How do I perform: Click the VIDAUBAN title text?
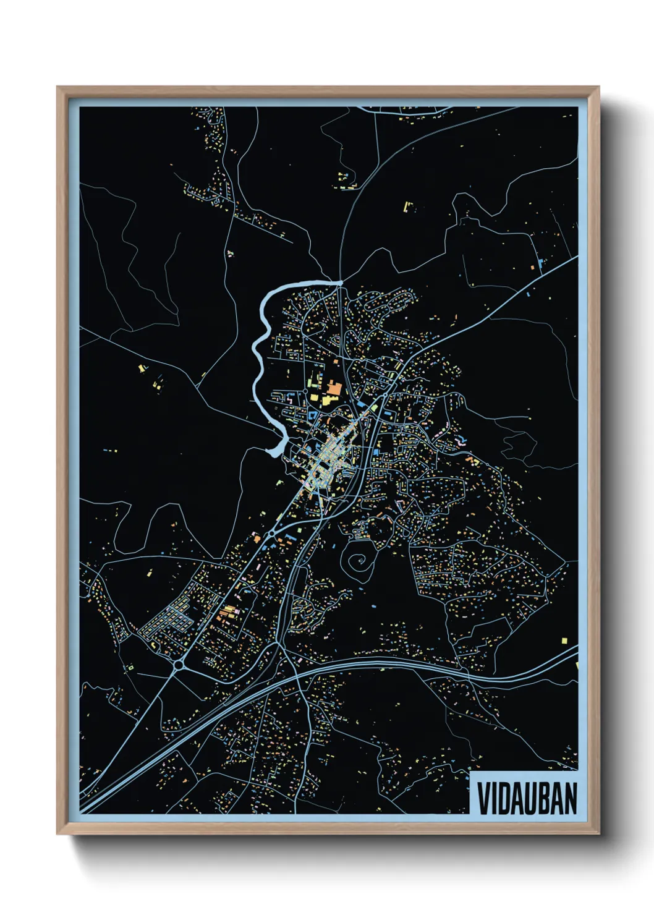pos(527,798)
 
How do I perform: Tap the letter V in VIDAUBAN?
pos(483,798)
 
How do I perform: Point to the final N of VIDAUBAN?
pos(571,798)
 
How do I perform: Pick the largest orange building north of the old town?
pos(334,389)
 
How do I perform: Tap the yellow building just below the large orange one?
pos(325,401)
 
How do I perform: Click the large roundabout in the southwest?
pos(179,665)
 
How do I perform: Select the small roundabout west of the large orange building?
pos(305,391)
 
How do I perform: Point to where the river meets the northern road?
pos(340,283)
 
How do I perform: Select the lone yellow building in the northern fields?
pos(407,206)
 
